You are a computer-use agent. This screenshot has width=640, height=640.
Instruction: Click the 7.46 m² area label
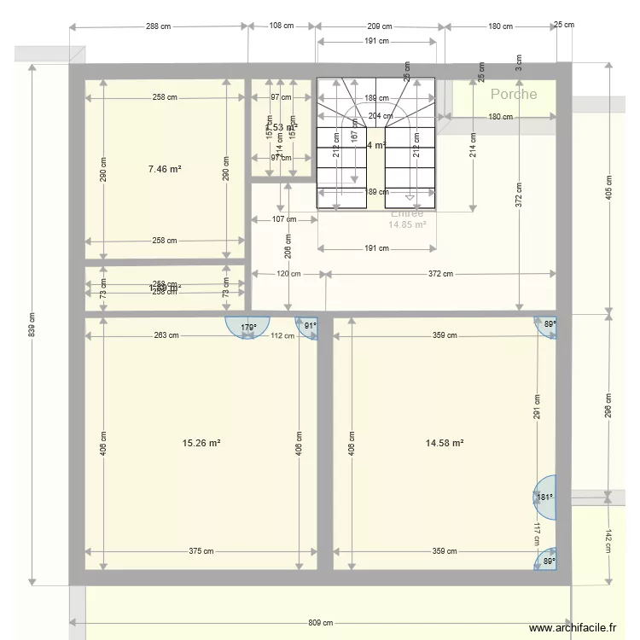point(165,169)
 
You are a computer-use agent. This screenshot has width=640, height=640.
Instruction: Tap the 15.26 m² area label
point(202,443)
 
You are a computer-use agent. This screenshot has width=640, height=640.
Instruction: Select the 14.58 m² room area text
point(445,443)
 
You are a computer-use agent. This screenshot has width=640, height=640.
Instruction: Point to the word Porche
point(514,94)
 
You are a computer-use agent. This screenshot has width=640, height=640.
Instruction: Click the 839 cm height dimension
point(32,329)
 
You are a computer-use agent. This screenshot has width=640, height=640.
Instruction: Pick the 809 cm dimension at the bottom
point(322,623)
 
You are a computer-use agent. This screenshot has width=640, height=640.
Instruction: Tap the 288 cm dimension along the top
point(159,26)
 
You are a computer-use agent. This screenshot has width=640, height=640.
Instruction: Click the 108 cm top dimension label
point(282,26)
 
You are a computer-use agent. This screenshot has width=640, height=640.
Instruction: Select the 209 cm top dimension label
point(381,26)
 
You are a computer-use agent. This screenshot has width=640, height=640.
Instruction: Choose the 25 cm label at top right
point(564,25)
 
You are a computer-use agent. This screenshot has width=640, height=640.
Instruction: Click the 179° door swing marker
point(247,327)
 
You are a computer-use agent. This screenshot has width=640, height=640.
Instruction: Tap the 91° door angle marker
point(308,325)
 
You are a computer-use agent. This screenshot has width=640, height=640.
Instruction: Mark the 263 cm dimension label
point(166,335)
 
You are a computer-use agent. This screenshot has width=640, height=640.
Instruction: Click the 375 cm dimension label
point(201,551)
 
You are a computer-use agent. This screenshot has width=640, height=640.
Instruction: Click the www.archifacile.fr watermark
point(573,628)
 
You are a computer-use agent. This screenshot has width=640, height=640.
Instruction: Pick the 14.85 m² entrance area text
point(406,225)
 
